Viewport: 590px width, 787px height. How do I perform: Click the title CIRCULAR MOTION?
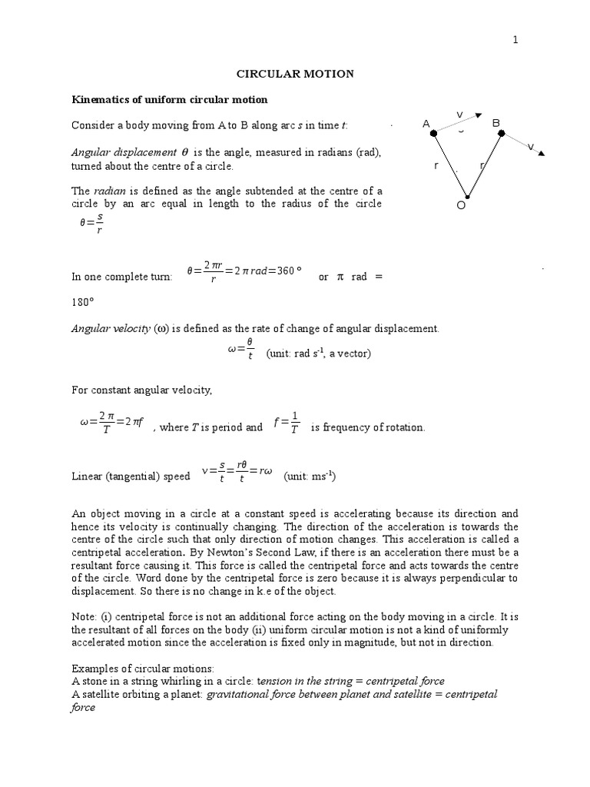[x=294, y=74]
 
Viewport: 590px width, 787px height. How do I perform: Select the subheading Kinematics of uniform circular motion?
[x=169, y=100]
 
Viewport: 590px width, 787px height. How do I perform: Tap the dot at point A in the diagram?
[x=434, y=133]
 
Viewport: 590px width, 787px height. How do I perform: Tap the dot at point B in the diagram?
[x=501, y=133]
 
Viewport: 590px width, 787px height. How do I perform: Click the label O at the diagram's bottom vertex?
[x=462, y=205]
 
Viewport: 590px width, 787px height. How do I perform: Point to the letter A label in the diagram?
[x=426, y=124]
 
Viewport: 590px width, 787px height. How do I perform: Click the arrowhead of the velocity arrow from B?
[x=542, y=153]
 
